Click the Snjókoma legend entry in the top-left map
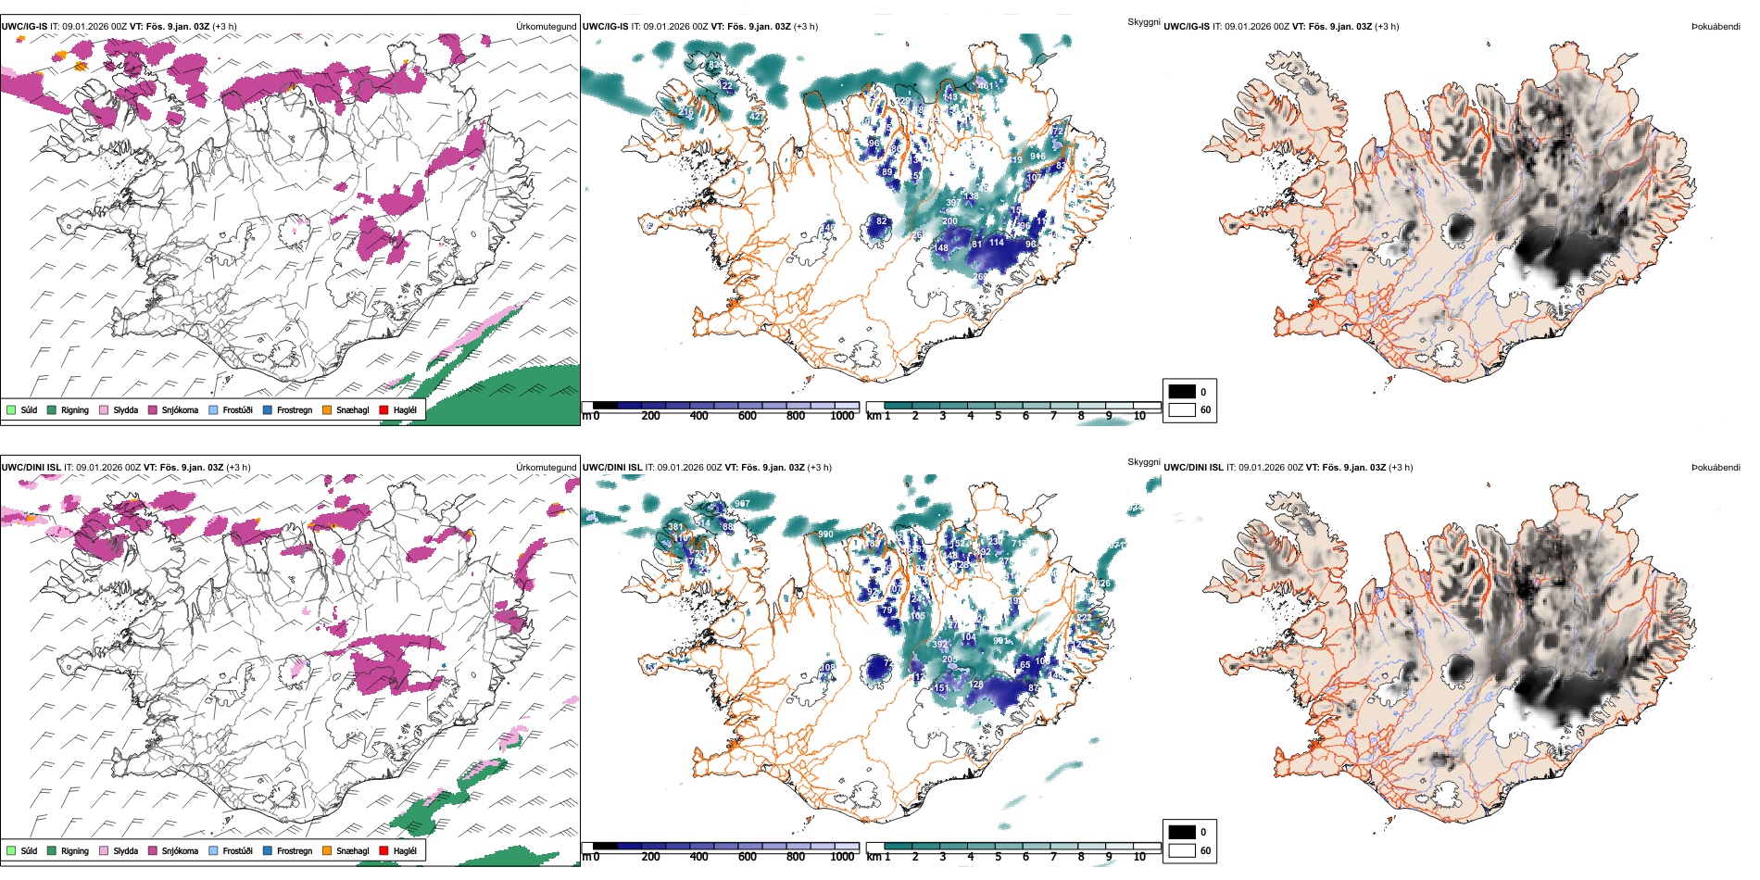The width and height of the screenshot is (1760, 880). tap(180, 409)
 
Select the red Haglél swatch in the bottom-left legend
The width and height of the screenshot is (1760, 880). tap(383, 850)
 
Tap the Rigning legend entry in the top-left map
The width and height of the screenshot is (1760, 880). tap(74, 409)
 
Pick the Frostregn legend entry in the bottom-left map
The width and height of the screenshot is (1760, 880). tap(294, 850)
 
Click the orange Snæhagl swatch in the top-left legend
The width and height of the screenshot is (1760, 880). tap(327, 409)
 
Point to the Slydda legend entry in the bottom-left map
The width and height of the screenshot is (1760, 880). tap(125, 850)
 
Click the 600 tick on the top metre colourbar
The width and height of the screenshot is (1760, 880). tap(747, 416)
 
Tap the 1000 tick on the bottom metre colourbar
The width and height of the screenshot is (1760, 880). tap(842, 857)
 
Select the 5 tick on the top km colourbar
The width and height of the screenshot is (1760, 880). tap(998, 416)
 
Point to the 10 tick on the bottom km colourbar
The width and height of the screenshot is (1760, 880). tap(1139, 857)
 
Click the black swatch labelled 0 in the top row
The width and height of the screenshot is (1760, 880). tap(1182, 391)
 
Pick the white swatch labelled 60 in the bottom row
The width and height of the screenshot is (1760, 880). tap(1182, 849)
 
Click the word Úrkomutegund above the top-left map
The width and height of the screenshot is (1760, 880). tap(546, 26)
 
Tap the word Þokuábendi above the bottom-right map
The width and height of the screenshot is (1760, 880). tap(1716, 467)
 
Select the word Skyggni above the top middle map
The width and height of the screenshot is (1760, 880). tap(1143, 21)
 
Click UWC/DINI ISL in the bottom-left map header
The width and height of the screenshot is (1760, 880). tap(31, 467)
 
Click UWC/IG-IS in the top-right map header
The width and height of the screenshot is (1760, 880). tap(1187, 26)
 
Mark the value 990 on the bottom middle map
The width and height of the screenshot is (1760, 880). tap(825, 534)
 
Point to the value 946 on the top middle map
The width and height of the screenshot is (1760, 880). tap(1037, 156)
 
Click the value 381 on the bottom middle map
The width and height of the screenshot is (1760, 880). tap(675, 527)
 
